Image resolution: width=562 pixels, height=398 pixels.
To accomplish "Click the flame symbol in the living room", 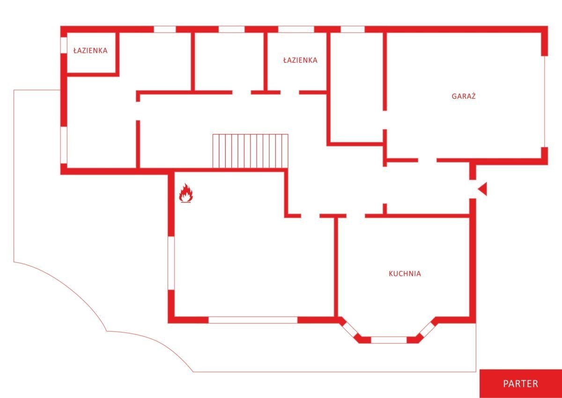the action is click(186, 192).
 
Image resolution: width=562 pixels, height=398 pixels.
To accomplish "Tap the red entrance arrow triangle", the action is click(483, 189).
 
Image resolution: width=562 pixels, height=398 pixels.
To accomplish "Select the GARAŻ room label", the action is click(464, 96).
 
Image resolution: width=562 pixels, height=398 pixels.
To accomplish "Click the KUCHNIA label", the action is click(405, 273).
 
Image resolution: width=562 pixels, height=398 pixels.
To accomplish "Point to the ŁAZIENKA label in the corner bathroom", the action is click(90, 51).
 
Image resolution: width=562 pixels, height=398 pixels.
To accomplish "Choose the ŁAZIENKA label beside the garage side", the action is click(300, 60).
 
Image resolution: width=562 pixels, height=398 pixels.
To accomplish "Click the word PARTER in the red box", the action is click(521, 383).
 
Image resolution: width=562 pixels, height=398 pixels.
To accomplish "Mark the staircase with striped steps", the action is click(251, 151).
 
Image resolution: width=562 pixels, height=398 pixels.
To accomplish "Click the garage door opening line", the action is click(544, 102).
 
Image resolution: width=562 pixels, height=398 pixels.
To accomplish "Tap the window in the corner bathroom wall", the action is click(64, 45).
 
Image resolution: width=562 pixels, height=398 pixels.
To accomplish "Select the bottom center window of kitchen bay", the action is click(389, 340).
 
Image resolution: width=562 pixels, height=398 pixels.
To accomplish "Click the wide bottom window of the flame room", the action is click(253, 320).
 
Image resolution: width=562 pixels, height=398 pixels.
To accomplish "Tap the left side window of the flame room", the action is click(171, 263).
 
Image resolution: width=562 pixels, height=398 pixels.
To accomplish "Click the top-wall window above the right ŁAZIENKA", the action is click(296, 29).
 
